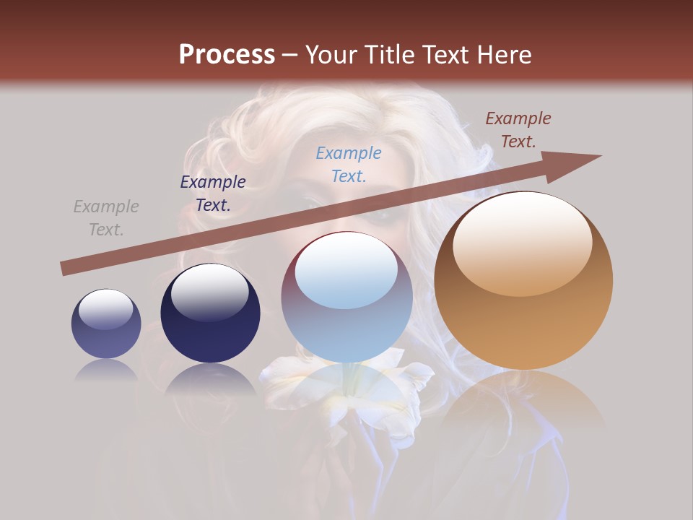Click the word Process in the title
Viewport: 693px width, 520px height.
tap(227, 55)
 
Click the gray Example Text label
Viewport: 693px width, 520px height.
tap(106, 218)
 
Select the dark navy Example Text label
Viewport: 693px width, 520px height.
tap(213, 194)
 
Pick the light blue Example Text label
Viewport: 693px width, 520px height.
tap(349, 165)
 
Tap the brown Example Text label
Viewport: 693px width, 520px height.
tap(518, 130)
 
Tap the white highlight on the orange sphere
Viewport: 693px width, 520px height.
tap(522, 242)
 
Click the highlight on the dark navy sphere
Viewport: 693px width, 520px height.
tap(209, 292)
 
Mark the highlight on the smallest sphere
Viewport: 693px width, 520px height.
tap(105, 309)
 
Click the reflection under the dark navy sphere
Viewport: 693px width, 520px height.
tap(210, 379)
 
